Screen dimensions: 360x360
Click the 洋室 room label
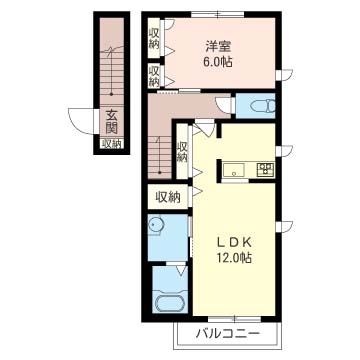click(219, 47)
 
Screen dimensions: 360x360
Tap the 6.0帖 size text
click(219, 62)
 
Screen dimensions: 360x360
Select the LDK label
click(233, 243)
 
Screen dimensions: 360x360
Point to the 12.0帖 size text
click(233, 258)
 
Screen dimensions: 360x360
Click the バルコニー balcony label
click(227, 334)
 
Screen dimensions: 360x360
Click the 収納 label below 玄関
click(112, 144)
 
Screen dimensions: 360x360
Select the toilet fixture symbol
click(263, 107)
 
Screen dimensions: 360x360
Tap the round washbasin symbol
click(155, 225)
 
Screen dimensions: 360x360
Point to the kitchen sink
click(234, 170)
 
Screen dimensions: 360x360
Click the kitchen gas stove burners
click(265, 169)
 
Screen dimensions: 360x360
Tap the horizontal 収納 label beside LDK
click(168, 197)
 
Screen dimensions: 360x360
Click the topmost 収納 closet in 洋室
click(155, 38)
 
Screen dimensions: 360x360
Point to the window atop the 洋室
click(217, 14)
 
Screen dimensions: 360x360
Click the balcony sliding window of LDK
click(234, 319)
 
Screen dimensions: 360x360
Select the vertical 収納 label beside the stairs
click(182, 152)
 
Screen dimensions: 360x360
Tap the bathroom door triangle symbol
click(181, 269)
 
